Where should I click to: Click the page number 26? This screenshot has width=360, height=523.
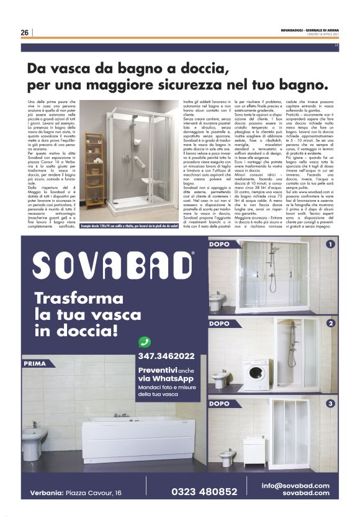click(x=24, y=32)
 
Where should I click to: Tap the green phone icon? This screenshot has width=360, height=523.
click(x=145, y=341)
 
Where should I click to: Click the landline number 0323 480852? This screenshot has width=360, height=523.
click(x=204, y=491)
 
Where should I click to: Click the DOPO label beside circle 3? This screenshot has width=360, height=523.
click(x=219, y=404)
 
